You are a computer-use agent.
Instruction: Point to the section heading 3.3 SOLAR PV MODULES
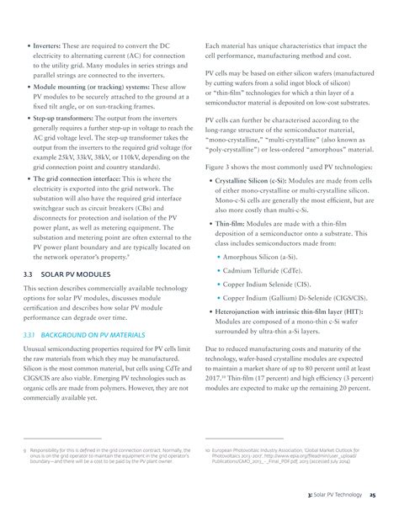tap(73, 274)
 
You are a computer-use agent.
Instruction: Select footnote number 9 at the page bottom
tap(24, 451)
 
